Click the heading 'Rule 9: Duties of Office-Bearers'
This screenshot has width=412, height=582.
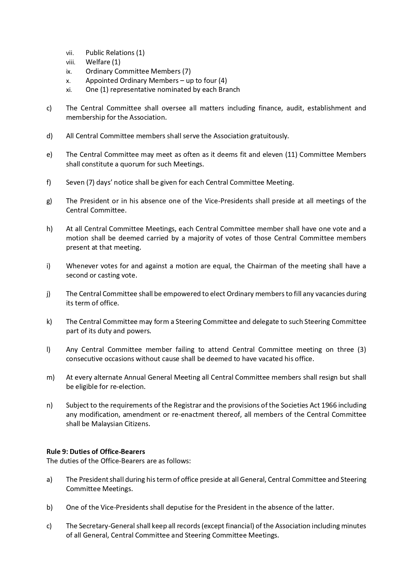(96, 451)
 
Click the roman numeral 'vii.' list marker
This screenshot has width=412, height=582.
(70, 53)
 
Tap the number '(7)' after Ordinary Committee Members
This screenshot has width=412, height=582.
(186, 71)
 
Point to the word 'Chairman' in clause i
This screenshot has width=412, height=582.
(261, 266)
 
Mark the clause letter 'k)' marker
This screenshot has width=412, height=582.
(49, 322)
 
